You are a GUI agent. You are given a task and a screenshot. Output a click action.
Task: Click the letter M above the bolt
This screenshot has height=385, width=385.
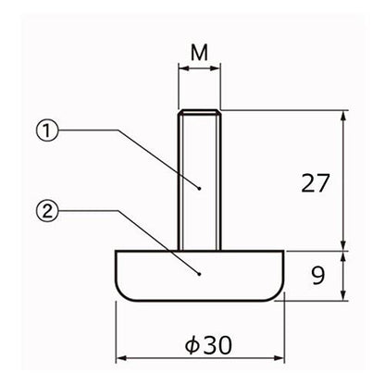[199, 53]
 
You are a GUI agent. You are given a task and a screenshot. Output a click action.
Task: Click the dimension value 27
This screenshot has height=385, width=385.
[316, 183]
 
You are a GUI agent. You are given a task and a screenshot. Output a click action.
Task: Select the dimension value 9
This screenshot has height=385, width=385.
[317, 275]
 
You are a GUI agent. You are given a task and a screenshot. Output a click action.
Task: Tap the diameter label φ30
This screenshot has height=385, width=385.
[208, 345]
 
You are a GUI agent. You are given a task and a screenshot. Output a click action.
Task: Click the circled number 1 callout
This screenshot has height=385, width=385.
[47, 130]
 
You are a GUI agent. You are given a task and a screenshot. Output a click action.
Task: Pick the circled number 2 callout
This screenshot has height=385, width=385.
[47, 211]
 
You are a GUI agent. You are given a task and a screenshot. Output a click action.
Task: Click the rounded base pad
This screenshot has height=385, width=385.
[200, 276]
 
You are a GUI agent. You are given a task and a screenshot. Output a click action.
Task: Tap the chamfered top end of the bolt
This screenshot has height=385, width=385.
[200, 112]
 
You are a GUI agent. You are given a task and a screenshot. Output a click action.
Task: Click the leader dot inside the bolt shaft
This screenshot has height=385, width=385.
[200, 189]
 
